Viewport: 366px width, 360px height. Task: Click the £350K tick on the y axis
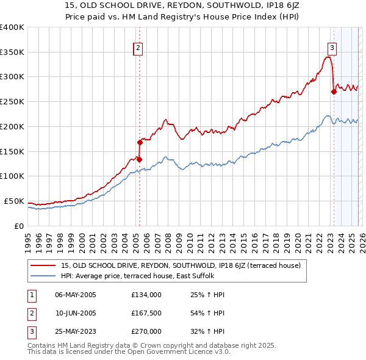(12, 52)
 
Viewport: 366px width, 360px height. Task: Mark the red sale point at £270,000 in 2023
(334, 92)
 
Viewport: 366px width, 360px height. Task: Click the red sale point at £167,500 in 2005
(140, 143)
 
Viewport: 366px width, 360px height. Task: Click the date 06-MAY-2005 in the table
(75, 295)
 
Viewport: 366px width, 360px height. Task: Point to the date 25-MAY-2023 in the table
(75, 331)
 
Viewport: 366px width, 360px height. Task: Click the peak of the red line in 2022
(328, 57)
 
